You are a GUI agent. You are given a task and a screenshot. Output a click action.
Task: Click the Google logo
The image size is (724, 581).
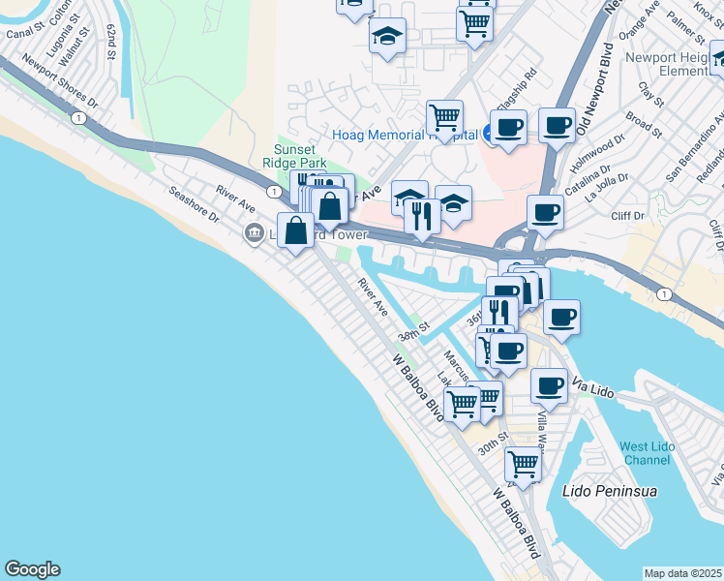coord(32,569)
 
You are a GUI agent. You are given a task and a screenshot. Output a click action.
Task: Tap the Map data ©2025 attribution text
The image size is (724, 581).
coord(683,573)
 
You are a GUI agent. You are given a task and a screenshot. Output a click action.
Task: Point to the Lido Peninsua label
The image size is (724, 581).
coord(610,491)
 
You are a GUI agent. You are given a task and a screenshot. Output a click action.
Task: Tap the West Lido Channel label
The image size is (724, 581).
coord(646,452)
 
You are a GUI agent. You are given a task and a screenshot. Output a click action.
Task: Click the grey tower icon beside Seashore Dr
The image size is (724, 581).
coord(255,231)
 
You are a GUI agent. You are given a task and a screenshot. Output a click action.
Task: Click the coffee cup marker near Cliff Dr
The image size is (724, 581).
coord(545,212)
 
